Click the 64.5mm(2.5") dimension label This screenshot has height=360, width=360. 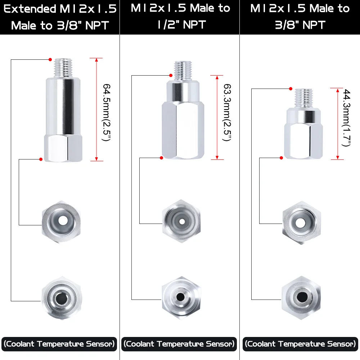(x=107, y=112)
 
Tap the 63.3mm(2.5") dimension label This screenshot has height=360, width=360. (x=227, y=112)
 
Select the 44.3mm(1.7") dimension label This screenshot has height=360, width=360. (x=346, y=118)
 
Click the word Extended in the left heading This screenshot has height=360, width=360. (x=30, y=9)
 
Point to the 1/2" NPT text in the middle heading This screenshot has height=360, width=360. (x=181, y=24)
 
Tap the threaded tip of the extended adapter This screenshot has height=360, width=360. (x=63, y=68)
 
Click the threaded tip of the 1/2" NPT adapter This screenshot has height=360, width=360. (x=183, y=71)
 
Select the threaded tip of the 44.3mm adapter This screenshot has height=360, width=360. (x=303, y=99)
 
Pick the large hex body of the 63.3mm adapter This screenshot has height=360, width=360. (x=183, y=130)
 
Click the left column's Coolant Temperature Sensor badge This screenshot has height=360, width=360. (x=59, y=344)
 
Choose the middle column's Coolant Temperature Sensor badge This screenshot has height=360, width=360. (x=179, y=344)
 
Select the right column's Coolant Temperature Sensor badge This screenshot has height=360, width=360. (x=300, y=344)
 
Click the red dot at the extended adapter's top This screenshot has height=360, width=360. (x=50, y=60)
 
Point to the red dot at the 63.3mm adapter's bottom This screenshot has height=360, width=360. (x=162, y=158)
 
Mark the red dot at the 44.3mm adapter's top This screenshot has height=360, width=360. (x=291, y=89)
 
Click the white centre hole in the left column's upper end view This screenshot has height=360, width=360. (x=63, y=221)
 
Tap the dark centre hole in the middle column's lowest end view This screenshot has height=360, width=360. (x=180, y=297)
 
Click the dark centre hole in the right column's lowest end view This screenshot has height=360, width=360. (x=301, y=297)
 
